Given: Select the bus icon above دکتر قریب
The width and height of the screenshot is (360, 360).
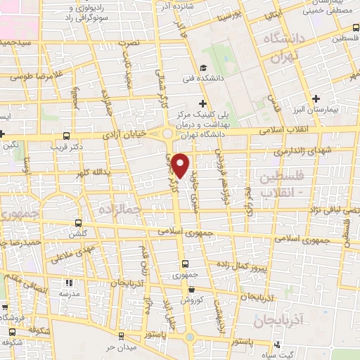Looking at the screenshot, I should (66, 136).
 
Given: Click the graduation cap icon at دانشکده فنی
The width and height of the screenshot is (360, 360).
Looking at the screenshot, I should (202, 69).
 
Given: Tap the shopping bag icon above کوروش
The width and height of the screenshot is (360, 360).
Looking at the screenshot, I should (191, 288).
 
